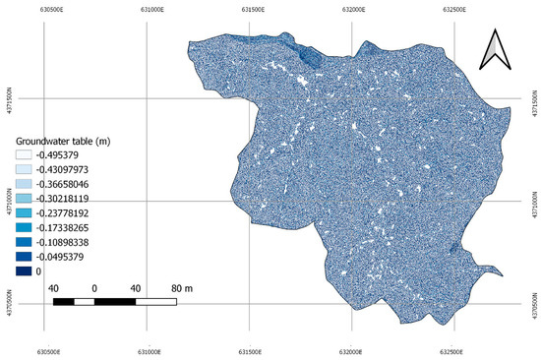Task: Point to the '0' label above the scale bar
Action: tap(94, 287)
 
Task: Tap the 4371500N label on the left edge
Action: tap(9, 99)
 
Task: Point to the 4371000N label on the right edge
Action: tap(534, 201)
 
